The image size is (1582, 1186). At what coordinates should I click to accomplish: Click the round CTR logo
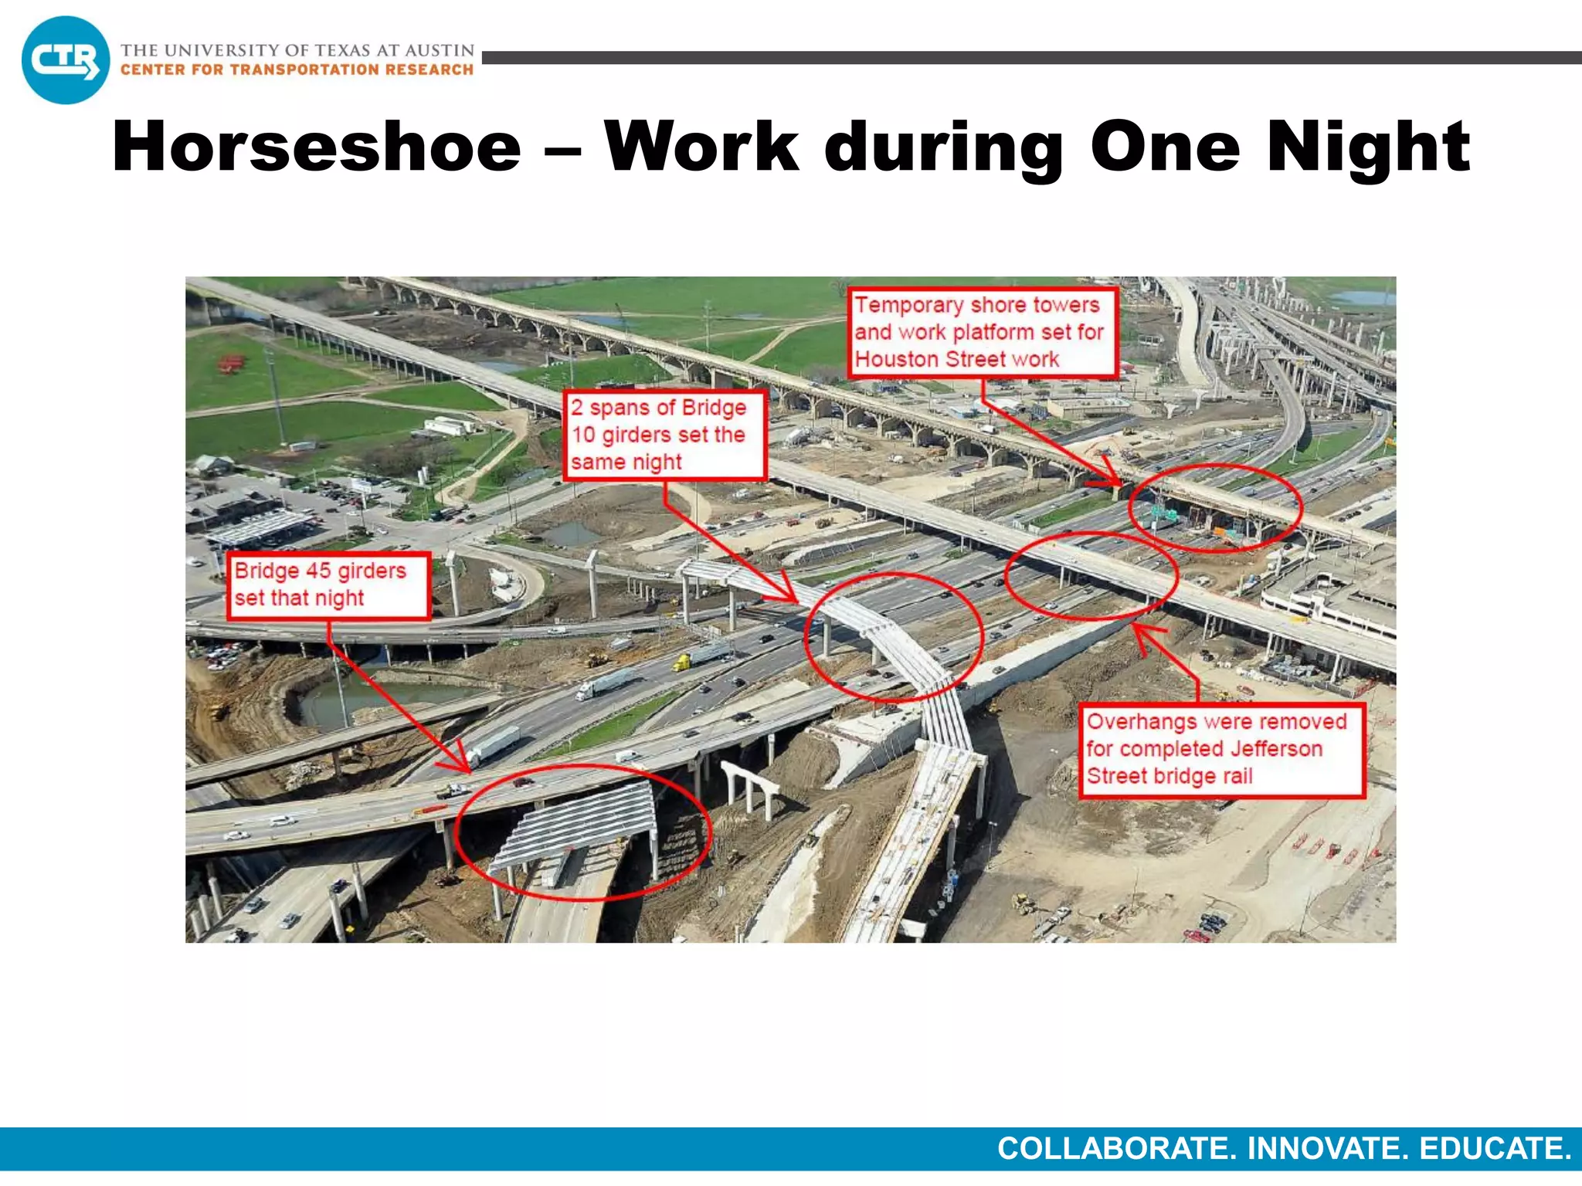(x=66, y=60)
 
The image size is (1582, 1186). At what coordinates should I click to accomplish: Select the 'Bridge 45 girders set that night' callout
(x=328, y=585)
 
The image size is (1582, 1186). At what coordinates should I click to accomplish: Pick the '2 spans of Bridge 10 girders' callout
(x=664, y=435)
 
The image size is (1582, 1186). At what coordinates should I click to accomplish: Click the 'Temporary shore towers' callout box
(x=983, y=333)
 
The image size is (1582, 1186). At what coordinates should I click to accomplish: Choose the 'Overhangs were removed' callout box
(x=1221, y=749)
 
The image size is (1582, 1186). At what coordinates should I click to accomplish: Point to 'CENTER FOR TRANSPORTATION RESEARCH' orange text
(x=297, y=70)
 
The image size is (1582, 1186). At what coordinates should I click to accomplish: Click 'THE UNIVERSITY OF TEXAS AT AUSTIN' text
(x=297, y=50)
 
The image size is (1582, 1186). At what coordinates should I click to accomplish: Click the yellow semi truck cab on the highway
(x=681, y=662)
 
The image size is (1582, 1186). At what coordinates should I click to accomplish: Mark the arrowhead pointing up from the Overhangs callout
(x=1139, y=631)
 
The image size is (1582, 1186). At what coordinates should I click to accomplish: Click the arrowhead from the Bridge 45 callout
(x=463, y=764)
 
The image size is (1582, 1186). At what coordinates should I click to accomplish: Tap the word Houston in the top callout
(x=897, y=360)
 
